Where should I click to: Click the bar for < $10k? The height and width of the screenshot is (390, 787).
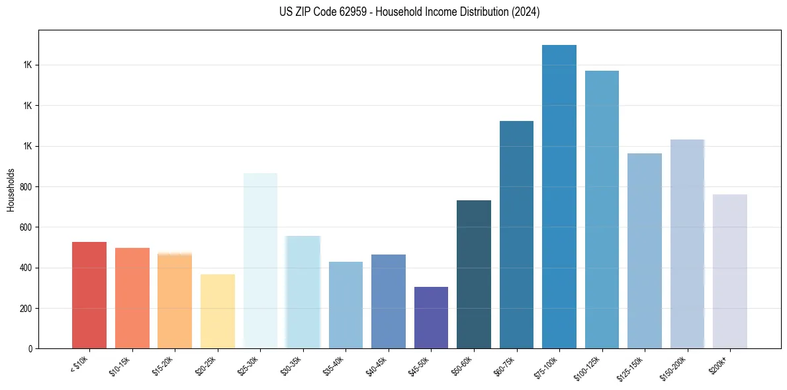point(89,295)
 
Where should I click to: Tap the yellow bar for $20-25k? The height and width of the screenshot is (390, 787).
point(218,311)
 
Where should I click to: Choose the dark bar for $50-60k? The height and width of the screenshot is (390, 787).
point(474,274)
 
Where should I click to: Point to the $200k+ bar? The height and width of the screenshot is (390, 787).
point(730,271)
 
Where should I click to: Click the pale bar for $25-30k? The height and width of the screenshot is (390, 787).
point(260,260)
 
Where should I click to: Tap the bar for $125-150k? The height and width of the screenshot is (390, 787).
point(645,251)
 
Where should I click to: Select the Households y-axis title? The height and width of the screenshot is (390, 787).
point(11,190)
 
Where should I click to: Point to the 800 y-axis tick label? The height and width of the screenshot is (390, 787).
point(25,187)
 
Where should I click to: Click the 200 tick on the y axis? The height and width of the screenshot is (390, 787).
point(25,309)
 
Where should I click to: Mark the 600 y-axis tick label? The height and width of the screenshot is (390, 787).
point(25,227)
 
